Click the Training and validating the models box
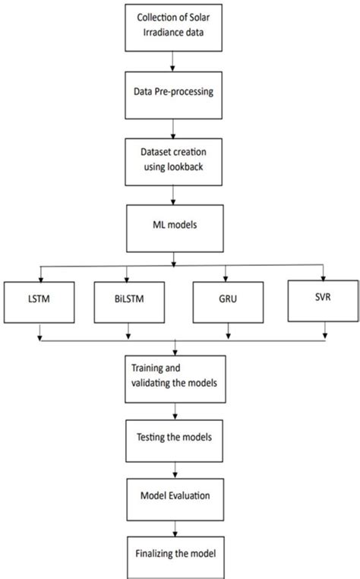(x=176, y=378)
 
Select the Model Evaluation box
(x=176, y=496)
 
